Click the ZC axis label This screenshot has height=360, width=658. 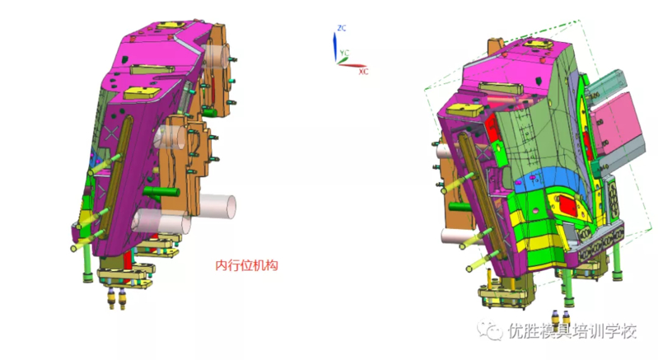pyautogui.click(x=342, y=28)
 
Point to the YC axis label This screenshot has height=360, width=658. pyautogui.click(x=344, y=53)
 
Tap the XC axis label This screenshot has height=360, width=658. pyautogui.click(x=363, y=72)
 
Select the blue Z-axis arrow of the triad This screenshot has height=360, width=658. pyautogui.click(x=335, y=47)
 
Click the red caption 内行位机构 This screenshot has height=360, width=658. pyautogui.click(x=247, y=265)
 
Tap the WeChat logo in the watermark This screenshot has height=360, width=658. pyautogui.click(x=490, y=330)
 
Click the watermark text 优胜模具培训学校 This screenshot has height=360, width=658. pyautogui.click(x=572, y=331)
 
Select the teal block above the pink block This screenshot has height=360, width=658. pyautogui.click(x=604, y=86)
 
